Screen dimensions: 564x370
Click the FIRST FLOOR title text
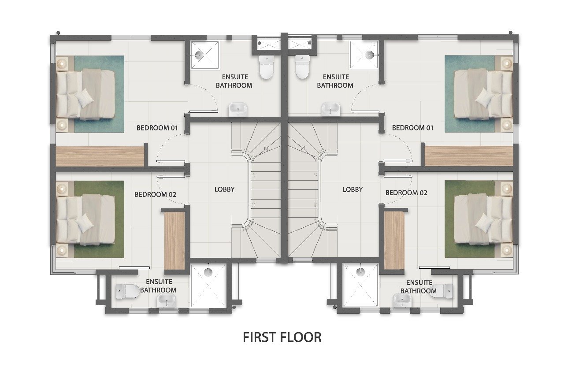[282, 337]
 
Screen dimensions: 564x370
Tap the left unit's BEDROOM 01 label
[157, 128]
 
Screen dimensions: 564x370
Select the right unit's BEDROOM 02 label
[406, 193]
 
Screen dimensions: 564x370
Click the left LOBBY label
[224, 189]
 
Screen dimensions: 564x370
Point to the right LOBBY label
[352, 189]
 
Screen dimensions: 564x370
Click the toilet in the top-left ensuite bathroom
[266, 67]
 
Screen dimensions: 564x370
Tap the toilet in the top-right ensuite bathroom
[302, 67]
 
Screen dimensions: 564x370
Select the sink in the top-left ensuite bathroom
[238, 110]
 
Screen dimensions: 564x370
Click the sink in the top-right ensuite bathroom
[331, 110]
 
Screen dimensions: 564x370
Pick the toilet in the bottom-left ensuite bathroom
[128, 292]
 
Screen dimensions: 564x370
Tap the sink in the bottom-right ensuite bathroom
[402, 301]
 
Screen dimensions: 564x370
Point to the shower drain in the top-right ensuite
[370, 54]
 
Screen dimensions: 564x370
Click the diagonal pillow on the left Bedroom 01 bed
[85, 98]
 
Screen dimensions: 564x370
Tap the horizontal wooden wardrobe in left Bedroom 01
[100, 156]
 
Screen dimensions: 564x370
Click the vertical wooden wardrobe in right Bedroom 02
[394, 240]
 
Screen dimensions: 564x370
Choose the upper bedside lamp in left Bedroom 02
[62, 188]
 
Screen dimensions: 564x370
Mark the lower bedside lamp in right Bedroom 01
[507, 125]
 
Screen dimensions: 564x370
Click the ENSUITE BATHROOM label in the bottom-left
[158, 286]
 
